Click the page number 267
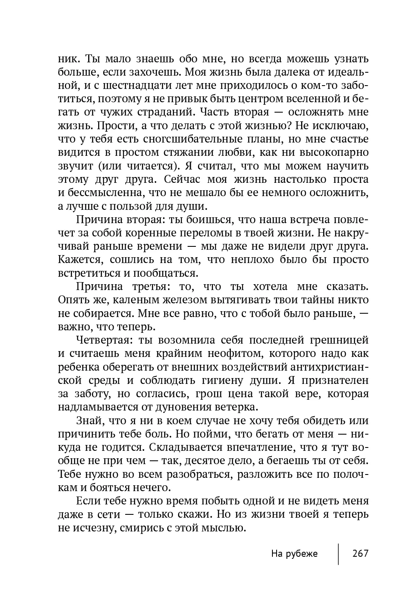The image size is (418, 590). [x=360, y=554]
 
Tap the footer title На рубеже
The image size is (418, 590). [x=294, y=554]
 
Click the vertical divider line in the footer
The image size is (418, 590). [x=339, y=553]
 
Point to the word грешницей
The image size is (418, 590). [x=339, y=340]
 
